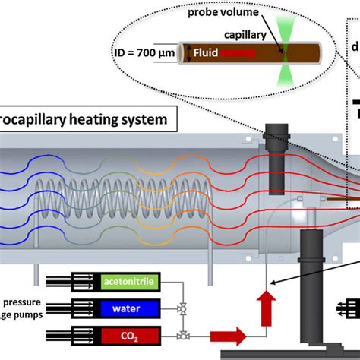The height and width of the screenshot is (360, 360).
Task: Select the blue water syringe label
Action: (x=125, y=308)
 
